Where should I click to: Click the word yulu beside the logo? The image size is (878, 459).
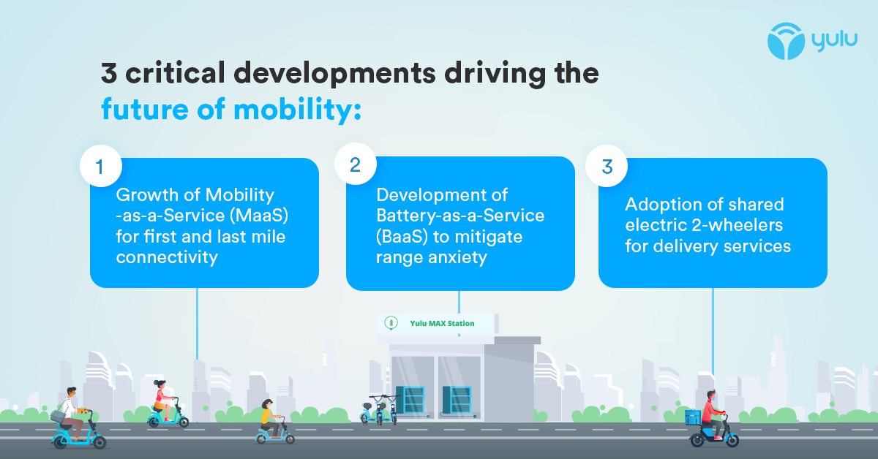(833, 41)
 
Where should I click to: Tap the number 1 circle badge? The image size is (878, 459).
(100, 167)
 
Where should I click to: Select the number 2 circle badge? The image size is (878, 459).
(355, 165)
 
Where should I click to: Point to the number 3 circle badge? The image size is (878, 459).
(607, 167)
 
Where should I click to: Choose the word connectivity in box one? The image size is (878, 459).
(167, 257)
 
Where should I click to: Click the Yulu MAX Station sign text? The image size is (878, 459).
(442, 323)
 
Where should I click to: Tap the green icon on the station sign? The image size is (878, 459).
(390, 322)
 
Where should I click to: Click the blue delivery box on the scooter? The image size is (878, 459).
(692, 417)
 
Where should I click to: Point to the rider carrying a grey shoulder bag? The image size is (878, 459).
(69, 413)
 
